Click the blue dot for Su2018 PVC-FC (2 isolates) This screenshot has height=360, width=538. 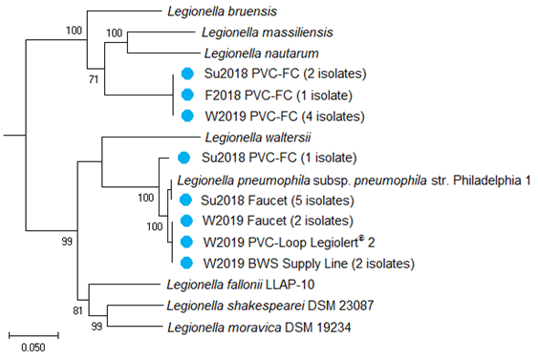pyautogui.click(x=188, y=74)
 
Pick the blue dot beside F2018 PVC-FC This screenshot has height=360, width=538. pyautogui.click(x=188, y=95)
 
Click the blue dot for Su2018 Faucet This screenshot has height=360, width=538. pyautogui.click(x=188, y=200)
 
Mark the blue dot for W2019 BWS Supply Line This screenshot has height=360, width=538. pyautogui.click(x=188, y=263)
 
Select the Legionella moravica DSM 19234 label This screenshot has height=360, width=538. pyautogui.click(x=249, y=328)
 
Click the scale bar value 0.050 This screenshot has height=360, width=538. pyautogui.click(x=33, y=348)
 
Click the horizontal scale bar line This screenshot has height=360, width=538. pyautogui.click(x=33, y=334)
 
